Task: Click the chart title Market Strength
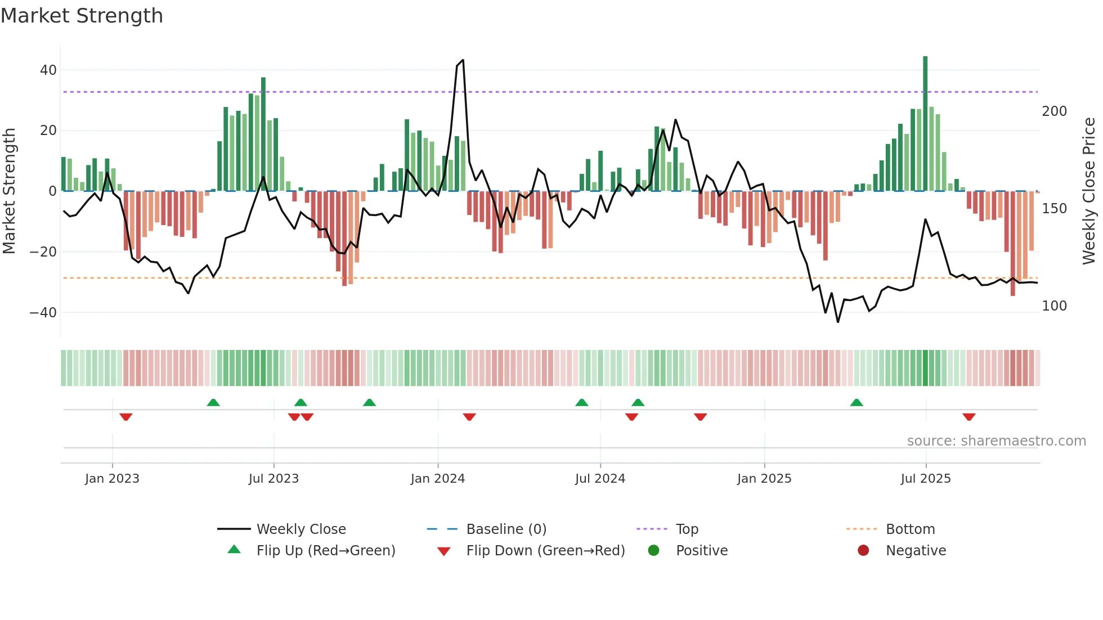[x=82, y=16]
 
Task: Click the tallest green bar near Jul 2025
[x=925, y=124]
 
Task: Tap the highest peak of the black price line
[x=463, y=60]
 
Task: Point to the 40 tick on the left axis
[x=48, y=70]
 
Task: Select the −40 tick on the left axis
[x=43, y=312]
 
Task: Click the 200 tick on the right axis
[x=1054, y=111]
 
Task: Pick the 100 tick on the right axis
[x=1054, y=306]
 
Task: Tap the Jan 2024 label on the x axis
[x=438, y=479]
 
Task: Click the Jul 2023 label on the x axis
[x=273, y=479]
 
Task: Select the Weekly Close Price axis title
[x=1089, y=191]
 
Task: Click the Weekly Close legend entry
[x=301, y=529]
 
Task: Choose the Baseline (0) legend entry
[x=506, y=529]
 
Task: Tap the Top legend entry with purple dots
[x=687, y=529]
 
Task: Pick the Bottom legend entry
[x=910, y=529]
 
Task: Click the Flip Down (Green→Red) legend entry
[x=545, y=551]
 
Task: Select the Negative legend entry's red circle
[x=863, y=551]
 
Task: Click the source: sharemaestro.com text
[x=996, y=441]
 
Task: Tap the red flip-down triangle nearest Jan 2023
[x=125, y=417]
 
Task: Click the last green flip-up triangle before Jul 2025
[x=857, y=403]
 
